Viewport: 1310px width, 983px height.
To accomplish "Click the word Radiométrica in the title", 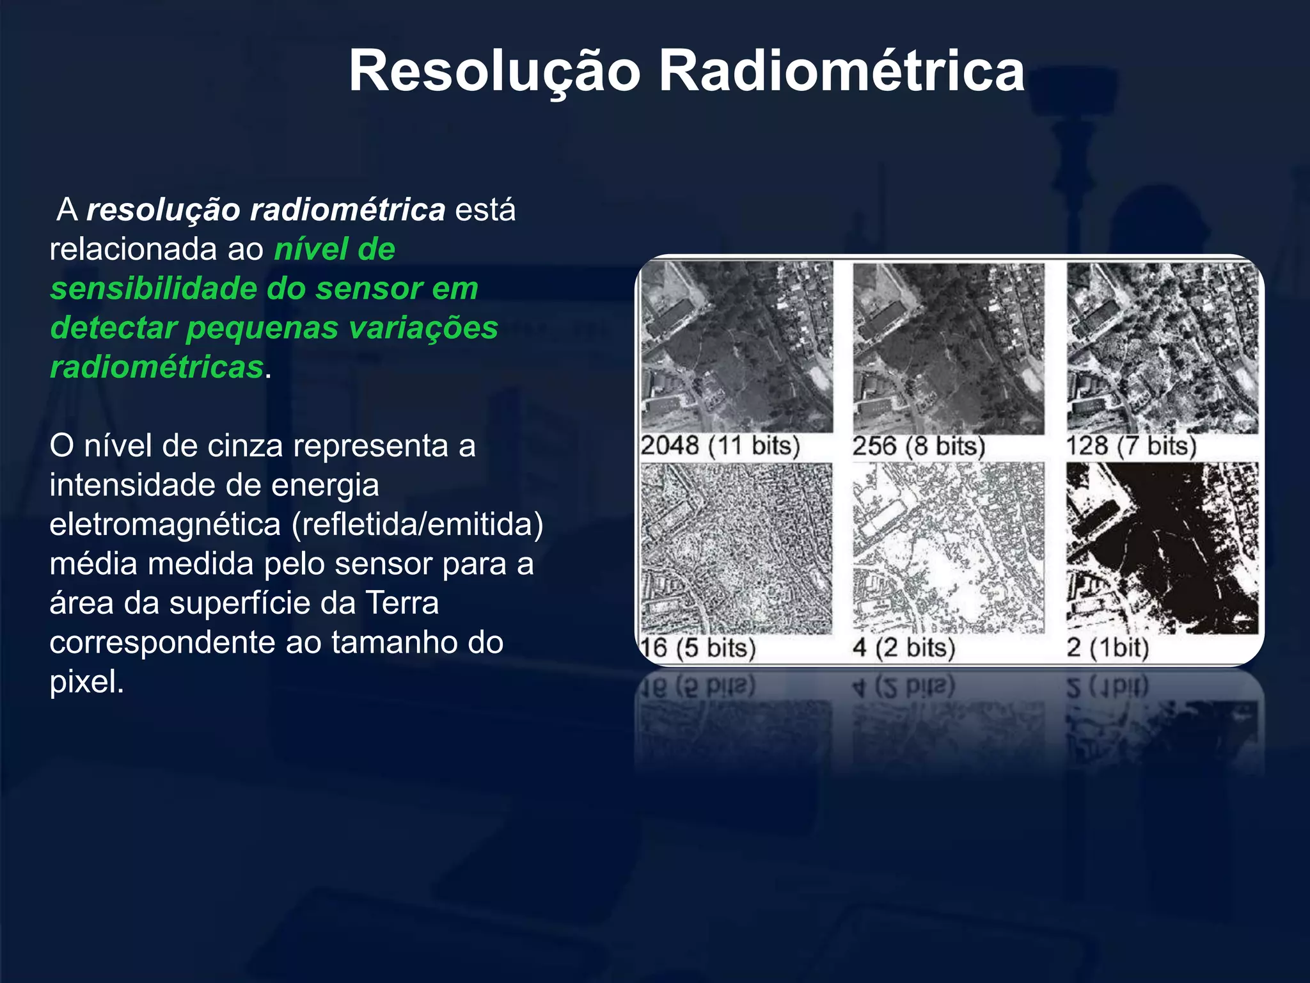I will (842, 71).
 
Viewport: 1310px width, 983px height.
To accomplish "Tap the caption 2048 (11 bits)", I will (720, 445).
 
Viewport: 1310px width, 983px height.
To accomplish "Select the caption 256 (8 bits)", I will (919, 446).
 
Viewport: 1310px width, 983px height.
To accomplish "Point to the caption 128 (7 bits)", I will (1131, 446).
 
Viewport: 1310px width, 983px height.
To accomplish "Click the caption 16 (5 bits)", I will (698, 648).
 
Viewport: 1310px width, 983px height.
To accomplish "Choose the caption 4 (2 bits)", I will (904, 648).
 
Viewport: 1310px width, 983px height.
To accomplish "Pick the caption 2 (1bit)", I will (1108, 648).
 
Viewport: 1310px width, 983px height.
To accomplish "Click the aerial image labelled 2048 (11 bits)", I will (737, 347).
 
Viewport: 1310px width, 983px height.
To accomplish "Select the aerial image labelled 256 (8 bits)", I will (949, 348).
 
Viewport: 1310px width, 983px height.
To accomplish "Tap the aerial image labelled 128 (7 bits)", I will (1162, 347).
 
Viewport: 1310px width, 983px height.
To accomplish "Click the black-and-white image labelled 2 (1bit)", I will (1162, 548).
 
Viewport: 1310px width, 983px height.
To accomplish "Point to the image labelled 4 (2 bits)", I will (949, 548).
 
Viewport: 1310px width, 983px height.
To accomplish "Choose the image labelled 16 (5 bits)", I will (737, 548).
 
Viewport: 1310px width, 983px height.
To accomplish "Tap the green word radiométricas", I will (157, 367).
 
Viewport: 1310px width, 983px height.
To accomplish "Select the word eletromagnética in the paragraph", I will (165, 525).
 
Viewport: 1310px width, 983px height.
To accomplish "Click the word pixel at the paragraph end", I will (86, 682).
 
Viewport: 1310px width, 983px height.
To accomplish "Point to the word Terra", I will (402, 603).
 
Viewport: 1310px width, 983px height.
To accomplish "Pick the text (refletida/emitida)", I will (417, 525).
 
